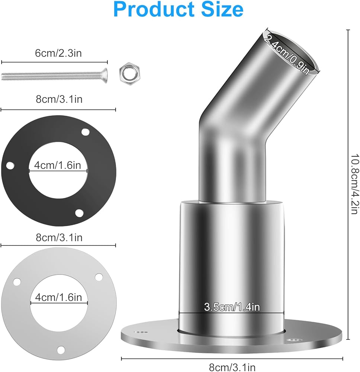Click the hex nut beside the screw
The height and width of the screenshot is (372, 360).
pyautogui.click(x=129, y=74)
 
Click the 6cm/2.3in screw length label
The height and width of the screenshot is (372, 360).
pyautogui.click(x=58, y=53)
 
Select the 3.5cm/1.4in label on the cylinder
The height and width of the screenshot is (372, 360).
pyautogui.click(x=232, y=307)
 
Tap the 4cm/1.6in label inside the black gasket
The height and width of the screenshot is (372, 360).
pyautogui.click(x=58, y=165)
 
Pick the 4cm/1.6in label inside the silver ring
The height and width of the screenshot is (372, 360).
pyautogui.click(x=59, y=297)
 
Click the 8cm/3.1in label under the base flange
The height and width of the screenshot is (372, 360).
pyautogui.click(x=232, y=367)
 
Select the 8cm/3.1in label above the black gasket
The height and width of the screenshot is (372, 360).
pyautogui.click(x=59, y=99)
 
